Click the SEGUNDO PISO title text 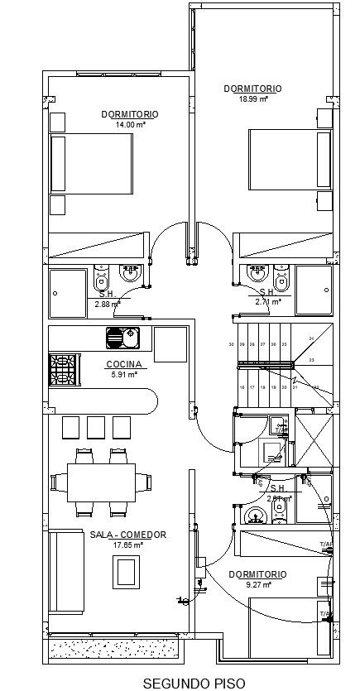pyautogui.click(x=182, y=684)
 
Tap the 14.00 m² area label pyautogui.click(x=130, y=124)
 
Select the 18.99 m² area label pyautogui.click(x=253, y=98)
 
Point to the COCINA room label pyautogui.click(x=124, y=364)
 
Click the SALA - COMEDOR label pyautogui.click(x=128, y=535)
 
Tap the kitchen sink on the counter pyautogui.click(x=122, y=338)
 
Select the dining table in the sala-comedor pyautogui.click(x=102, y=482)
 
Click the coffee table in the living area pyautogui.click(x=126, y=571)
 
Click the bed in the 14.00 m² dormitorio pyautogui.click(x=91, y=164)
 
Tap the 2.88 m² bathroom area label pyautogui.click(x=107, y=304)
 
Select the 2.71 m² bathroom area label pyautogui.click(x=267, y=303)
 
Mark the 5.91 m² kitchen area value pyautogui.click(x=123, y=374)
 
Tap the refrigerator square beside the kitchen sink pyautogui.click(x=170, y=343)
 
